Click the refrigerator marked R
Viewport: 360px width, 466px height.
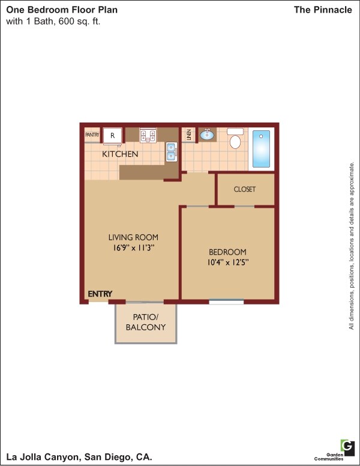(x=112, y=136)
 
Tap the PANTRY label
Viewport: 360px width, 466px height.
(x=92, y=135)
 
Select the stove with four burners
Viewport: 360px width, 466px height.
(x=148, y=136)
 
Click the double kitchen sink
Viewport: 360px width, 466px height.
(x=172, y=152)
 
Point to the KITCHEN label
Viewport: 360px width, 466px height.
(x=120, y=154)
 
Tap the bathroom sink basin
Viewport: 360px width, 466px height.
(x=207, y=135)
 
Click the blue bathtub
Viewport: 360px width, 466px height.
(x=262, y=150)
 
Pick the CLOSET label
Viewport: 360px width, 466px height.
(x=244, y=189)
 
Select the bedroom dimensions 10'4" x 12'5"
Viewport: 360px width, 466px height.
(x=227, y=262)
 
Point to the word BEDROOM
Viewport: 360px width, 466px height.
(x=227, y=252)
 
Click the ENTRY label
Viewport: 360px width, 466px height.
(x=100, y=294)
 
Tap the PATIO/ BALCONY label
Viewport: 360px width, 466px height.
(x=145, y=322)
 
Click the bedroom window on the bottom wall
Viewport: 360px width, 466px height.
(x=226, y=301)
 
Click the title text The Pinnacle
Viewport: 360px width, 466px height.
(x=323, y=10)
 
